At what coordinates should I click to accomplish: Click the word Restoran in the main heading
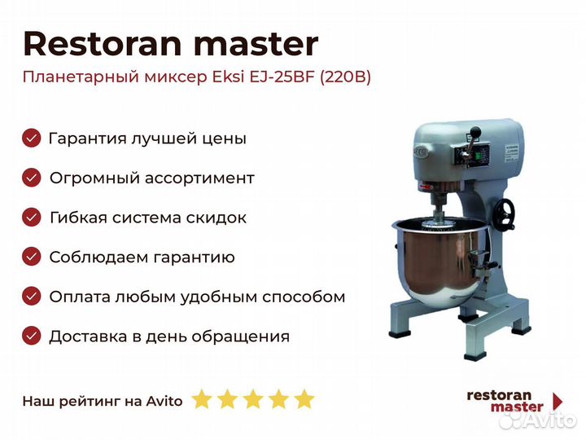point(103,44)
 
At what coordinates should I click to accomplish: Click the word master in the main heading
point(256,45)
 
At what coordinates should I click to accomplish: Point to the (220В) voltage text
point(345,77)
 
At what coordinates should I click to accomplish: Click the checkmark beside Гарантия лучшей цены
point(32,138)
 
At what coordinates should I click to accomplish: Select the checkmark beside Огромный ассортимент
point(32,178)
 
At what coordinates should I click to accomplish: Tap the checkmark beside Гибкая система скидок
point(32,217)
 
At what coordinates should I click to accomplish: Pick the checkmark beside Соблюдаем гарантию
point(32,257)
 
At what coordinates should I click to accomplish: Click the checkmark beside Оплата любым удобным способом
point(32,297)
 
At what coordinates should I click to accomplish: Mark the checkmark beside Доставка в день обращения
point(32,336)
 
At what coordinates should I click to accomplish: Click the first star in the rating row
point(202,398)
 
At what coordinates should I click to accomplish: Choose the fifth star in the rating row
point(304,398)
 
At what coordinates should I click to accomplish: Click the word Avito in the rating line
point(164,401)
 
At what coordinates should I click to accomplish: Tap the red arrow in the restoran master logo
point(558,402)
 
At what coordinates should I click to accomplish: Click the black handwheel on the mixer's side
point(504,213)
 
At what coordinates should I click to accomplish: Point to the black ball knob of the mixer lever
point(475,132)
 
